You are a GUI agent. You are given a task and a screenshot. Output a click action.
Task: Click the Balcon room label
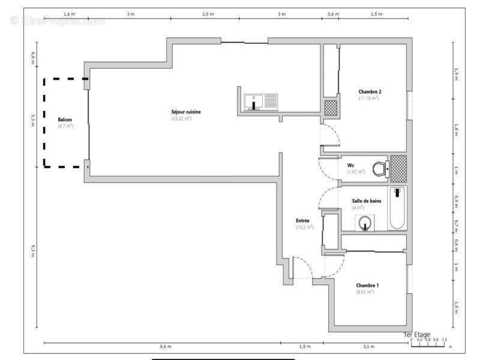(65, 120)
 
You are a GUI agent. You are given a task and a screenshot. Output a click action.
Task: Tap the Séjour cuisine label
(181, 112)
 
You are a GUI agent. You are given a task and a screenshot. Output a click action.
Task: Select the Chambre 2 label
(370, 92)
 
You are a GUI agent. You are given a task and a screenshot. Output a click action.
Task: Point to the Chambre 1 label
(367, 285)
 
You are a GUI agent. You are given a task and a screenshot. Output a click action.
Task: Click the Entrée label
(303, 221)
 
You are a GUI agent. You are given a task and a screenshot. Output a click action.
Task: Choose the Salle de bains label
(365, 201)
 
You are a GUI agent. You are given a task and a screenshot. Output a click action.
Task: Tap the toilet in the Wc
(379, 169)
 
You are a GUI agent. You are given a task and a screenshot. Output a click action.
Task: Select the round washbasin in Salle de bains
(365, 224)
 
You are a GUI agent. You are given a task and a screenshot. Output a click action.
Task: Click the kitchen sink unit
(261, 102)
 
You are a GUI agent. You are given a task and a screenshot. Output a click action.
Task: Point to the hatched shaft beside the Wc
(398, 168)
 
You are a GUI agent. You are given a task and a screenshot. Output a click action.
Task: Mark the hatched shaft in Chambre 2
(331, 108)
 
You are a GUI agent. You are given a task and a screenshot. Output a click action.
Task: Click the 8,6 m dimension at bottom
(166, 347)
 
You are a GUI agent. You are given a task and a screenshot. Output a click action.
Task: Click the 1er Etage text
(416, 334)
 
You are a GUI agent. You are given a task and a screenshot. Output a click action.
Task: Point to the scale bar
(428, 343)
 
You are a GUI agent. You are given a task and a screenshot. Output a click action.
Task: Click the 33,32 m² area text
(181, 119)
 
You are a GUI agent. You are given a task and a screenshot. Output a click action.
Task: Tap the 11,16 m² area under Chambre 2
(369, 98)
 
